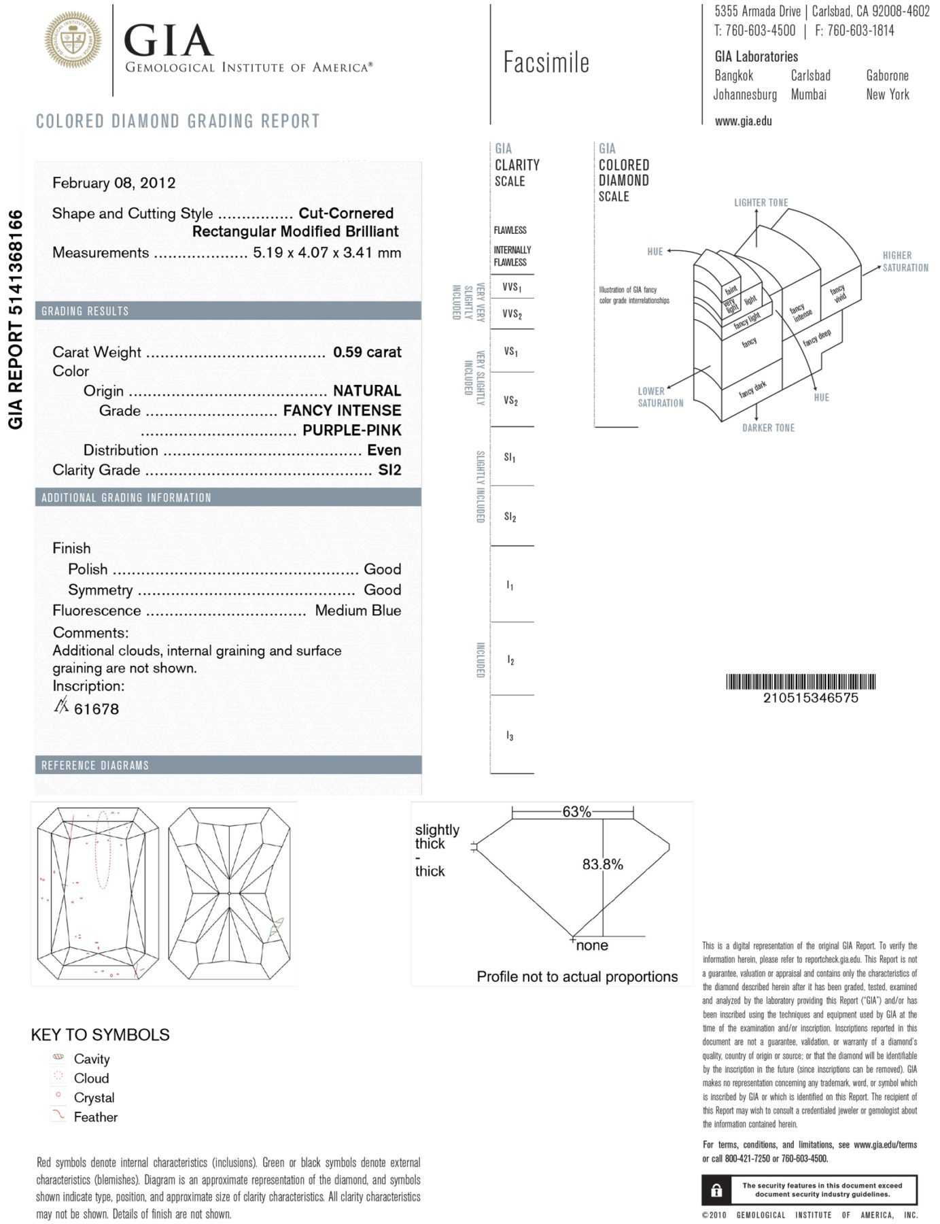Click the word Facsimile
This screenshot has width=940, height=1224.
[x=546, y=63]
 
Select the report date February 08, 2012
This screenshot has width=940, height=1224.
[x=114, y=183]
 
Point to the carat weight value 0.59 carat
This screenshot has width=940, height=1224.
[x=367, y=352]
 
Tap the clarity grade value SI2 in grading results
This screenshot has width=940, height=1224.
[x=389, y=470]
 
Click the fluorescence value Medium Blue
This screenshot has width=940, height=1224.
[x=358, y=611]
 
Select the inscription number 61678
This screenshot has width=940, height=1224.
[x=96, y=709]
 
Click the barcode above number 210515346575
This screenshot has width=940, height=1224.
[x=800, y=681]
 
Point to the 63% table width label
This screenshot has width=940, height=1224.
[x=576, y=812]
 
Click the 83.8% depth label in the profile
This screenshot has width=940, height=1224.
[x=602, y=864]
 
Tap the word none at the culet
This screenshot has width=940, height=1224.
[x=591, y=945]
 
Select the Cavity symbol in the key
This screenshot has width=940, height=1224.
[x=58, y=1057]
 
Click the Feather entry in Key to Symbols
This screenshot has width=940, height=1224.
[x=95, y=1117]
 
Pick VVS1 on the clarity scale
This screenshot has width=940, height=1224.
[x=512, y=287]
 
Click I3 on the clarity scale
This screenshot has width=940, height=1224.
[x=510, y=736]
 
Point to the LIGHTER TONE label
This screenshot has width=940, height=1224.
[x=761, y=203]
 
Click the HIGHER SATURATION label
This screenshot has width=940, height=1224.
[x=905, y=261]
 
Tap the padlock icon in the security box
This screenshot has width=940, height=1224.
[x=716, y=1190]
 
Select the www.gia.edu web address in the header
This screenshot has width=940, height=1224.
[x=743, y=122]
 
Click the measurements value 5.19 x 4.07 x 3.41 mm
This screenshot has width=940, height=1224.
[x=327, y=253]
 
